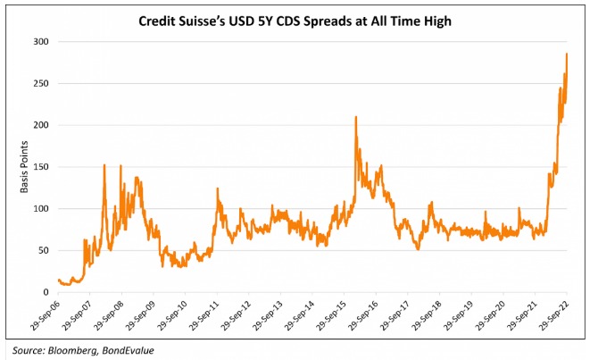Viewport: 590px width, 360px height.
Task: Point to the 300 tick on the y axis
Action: tap(40, 42)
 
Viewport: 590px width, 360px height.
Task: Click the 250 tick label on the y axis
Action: tap(40, 84)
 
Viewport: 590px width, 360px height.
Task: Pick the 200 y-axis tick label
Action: tap(40, 125)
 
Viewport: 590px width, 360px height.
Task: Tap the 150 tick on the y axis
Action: tap(40, 167)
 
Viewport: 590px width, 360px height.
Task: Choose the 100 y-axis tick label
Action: tap(40, 209)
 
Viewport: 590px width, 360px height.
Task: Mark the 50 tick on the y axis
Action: tap(43, 250)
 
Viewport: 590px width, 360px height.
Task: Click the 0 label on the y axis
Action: tap(46, 292)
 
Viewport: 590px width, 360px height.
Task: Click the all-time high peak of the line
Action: tap(567, 54)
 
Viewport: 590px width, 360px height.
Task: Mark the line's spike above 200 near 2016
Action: tap(356, 117)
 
